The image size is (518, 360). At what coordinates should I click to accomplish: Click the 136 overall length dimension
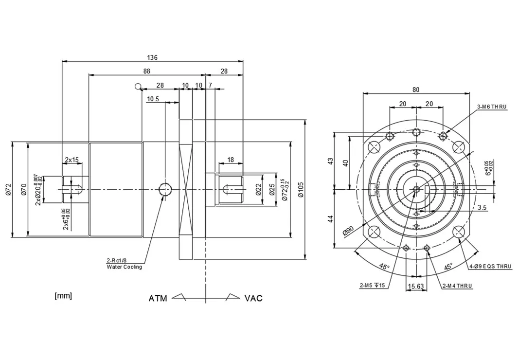click(152, 57)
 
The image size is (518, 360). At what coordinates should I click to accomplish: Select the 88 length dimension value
click(147, 71)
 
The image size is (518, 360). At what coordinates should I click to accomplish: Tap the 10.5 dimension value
click(153, 99)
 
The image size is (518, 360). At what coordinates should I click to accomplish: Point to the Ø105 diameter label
click(301, 189)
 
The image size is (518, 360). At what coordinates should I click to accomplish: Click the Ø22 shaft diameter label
click(258, 189)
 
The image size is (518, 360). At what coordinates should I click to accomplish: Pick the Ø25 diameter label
click(272, 189)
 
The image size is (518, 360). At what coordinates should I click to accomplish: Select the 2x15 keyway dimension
click(71, 160)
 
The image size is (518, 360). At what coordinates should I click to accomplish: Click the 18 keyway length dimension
click(231, 160)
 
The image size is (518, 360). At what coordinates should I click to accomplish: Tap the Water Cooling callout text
click(124, 267)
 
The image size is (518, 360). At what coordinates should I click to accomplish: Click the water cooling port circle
click(165, 189)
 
